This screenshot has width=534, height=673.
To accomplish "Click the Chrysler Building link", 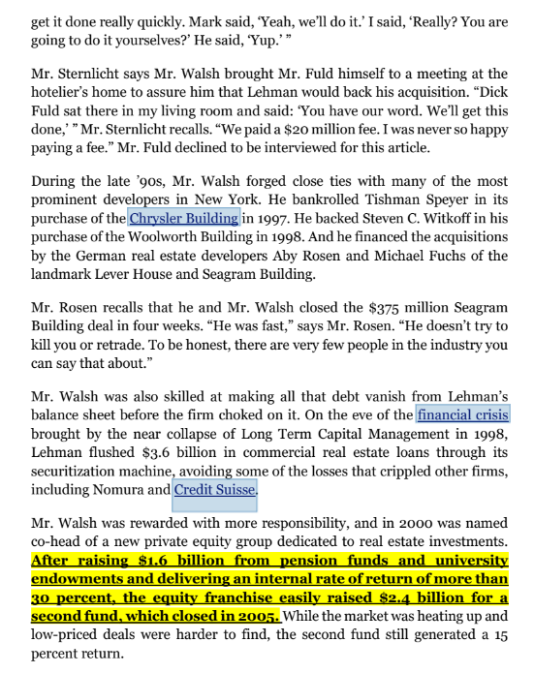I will (184, 218).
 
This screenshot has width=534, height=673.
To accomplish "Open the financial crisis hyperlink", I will (462, 416).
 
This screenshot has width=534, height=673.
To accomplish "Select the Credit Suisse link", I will (215, 490).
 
